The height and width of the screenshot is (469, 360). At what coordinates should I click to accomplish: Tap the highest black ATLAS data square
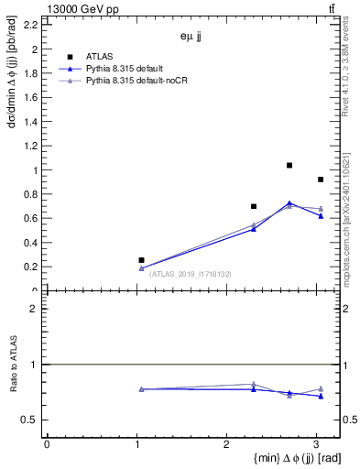tap(289, 166)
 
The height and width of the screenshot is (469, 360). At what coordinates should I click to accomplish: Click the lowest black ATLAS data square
tap(141, 260)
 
